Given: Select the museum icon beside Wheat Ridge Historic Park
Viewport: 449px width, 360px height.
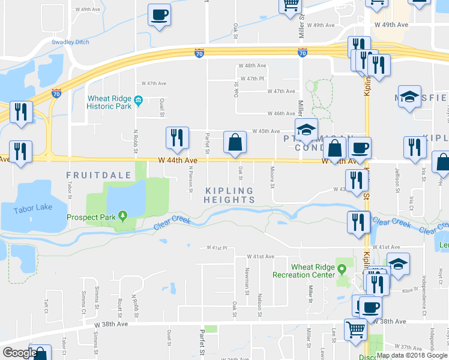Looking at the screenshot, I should pyautogui.click(x=138, y=99).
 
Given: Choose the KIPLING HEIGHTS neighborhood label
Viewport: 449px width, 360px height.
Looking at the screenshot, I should pyautogui.click(x=229, y=194).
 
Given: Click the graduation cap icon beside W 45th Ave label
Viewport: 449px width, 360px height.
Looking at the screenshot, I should pyautogui.click(x=306, y=130).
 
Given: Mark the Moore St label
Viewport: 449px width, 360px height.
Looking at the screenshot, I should pyautogui.click(x=273, y=176).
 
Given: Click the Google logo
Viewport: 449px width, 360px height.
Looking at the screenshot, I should pyautogui.click(x=19, y=352).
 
